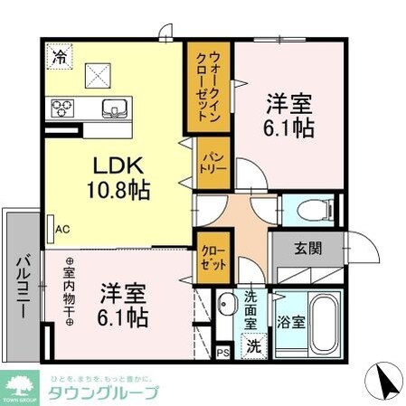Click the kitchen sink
114,109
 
